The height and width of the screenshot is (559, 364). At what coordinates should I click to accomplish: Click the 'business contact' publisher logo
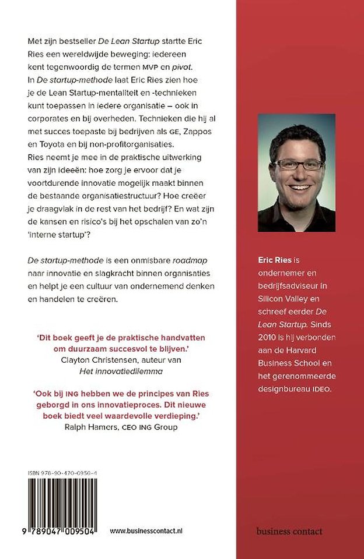[289, 531]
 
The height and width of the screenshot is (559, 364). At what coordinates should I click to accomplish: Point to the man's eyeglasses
[298, 164]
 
